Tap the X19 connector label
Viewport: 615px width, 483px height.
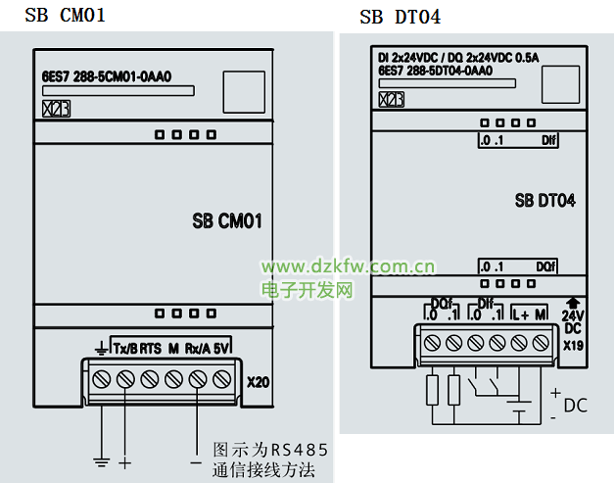(573, 345)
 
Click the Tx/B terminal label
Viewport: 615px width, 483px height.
(124, 349)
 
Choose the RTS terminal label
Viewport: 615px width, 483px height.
(151, 349)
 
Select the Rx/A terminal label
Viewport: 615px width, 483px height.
(198, 349)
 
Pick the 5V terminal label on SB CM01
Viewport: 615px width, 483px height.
(222, 349)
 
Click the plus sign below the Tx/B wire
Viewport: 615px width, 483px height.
(124, 461)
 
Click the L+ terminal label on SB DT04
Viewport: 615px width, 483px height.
(521, 315)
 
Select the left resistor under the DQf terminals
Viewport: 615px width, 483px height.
(432, 390)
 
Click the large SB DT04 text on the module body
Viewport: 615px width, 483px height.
(544, 201)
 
